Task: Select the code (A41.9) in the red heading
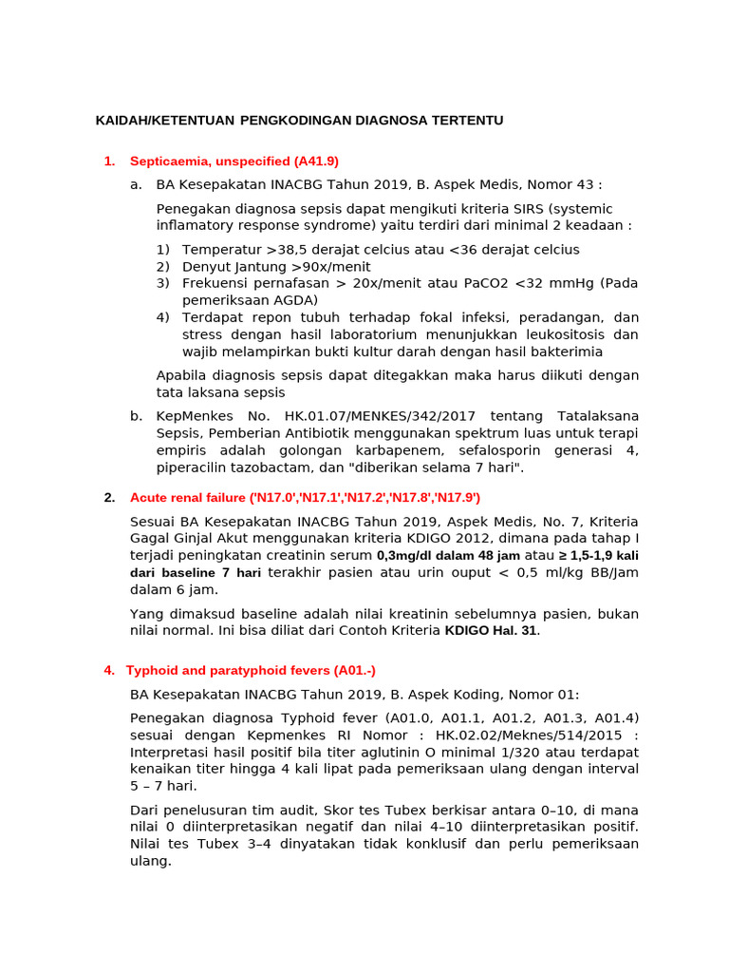[x=316, y=162]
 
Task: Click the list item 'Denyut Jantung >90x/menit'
[x=276, y=267]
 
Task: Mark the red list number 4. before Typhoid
[x=109, y=671]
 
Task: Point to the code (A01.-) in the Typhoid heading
[x=346, y=671]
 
